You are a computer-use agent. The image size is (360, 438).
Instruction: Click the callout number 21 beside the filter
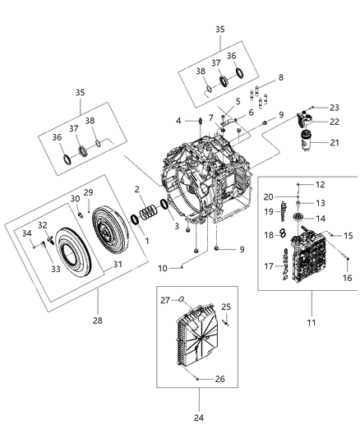333,144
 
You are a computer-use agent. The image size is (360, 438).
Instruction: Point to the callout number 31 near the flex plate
118,264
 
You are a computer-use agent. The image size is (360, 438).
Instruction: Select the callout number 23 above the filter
334,107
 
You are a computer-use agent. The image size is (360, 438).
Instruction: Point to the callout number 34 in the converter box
28,233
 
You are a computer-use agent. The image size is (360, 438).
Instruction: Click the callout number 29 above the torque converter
89,192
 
